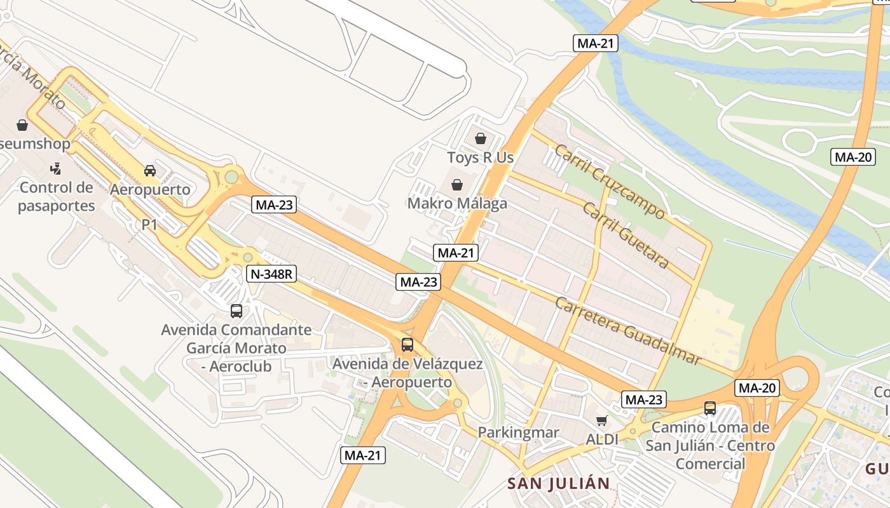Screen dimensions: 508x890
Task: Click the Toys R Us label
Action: click(x=480, y=157)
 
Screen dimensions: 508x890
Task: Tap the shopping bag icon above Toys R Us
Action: click(x=481, y=138)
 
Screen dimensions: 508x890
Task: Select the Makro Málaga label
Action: click(x=457, y=203)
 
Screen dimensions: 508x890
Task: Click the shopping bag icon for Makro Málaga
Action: click(x=456, y=185)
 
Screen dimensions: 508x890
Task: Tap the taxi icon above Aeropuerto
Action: click(x=150, y=170)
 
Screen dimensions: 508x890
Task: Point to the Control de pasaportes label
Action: click(x=57, y=196)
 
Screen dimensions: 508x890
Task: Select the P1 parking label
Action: click(x=149, y=224)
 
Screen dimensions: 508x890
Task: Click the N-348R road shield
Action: click(x=272, y=274)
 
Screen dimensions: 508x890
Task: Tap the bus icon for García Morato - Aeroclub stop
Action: click(x=236, y=311)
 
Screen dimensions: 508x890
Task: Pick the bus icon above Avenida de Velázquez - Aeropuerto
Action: click(x=407, y=345)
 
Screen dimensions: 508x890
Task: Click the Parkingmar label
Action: click(x=518, y=432)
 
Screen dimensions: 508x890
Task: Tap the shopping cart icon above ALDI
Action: click(x=601, y=420)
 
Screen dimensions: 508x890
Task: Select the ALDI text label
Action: click(x=602, y=439)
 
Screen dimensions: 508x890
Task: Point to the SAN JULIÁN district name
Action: click(x=558, y=483)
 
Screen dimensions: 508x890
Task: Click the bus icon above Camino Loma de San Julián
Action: click(x=710, y=408)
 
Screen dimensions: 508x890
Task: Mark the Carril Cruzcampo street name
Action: click(x=609, y=182)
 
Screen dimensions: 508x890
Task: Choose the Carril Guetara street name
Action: click(x=626, y=236)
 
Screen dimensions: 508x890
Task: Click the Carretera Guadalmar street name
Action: click(x=628, y=330)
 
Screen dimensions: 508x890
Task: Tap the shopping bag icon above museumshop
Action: click(x=22, y=125)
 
